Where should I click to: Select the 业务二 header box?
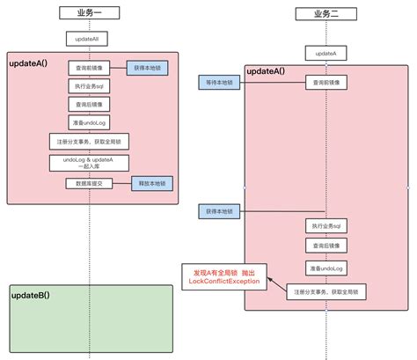click(x=325, y=14)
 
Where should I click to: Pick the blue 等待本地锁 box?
click(x=217, y=83)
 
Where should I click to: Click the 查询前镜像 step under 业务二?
click(x=325, y=83)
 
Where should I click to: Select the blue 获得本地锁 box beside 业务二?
click(x=217, y=211)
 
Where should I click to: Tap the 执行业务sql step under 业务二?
click(x=325, y=225)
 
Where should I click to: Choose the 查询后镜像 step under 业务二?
click(x=325, y=246)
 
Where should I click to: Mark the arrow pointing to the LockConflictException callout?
click(x=276, y=288)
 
